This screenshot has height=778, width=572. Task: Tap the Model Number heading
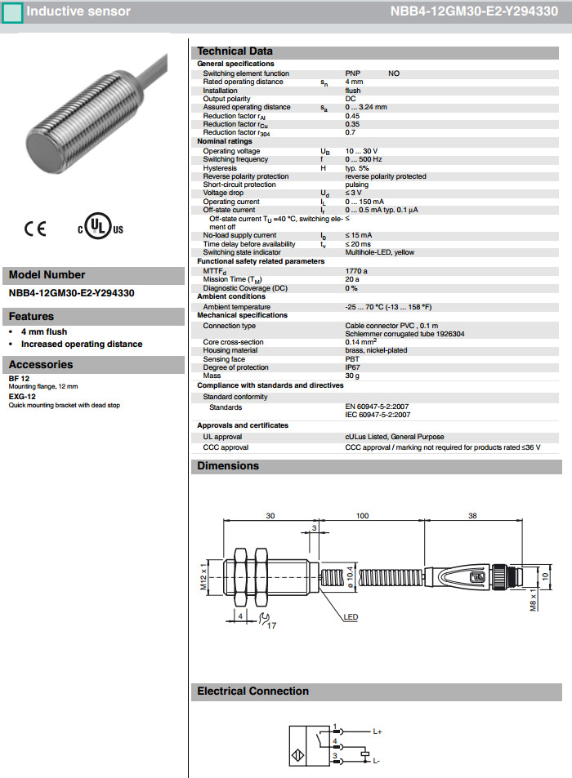click(47, 275)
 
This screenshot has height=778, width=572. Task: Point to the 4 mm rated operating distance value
click(354, 82)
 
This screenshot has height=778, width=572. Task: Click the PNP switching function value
click(352, 73)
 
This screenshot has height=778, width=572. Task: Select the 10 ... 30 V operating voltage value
click(363, 151)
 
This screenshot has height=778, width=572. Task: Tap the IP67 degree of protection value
click(353, 367)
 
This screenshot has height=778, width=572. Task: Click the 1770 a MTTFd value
click(356, 270)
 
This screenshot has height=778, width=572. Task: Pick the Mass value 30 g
click(353, 376)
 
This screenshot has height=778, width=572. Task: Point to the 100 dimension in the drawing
click(362, 516)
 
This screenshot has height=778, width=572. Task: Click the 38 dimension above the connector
click(472, 516)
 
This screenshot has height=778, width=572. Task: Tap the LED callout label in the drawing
click(351, 617)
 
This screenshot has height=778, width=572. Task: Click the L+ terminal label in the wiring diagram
click(378, 731)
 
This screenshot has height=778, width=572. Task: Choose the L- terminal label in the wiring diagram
click(377, 761)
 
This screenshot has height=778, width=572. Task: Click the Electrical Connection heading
click(252, 691)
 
